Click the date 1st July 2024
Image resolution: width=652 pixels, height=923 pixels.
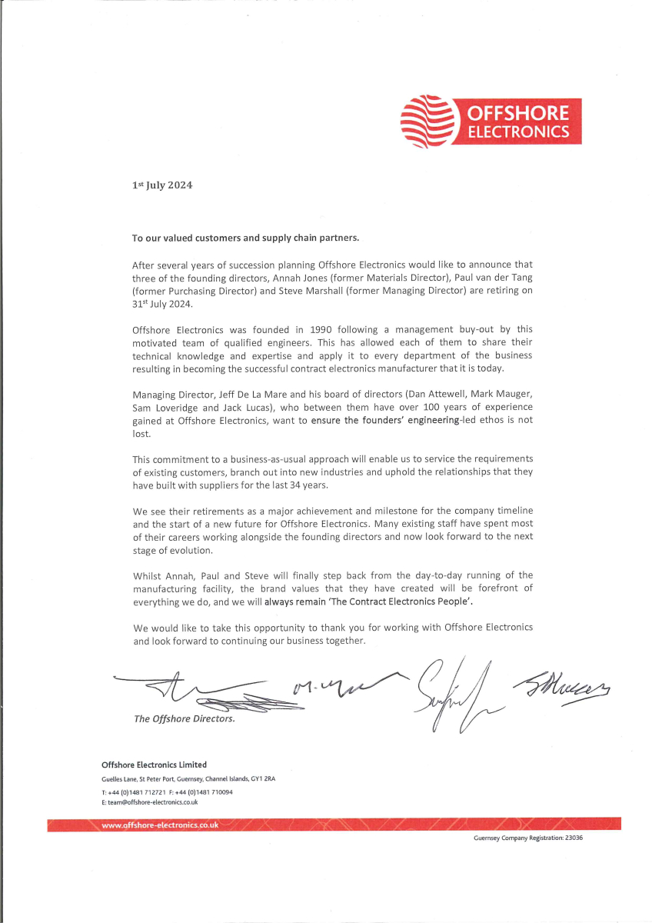point(162,185)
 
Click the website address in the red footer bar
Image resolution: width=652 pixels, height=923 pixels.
point(160,825)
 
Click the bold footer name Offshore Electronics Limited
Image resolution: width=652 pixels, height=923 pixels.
point(154,765)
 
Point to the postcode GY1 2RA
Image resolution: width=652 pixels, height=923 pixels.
point(263,778)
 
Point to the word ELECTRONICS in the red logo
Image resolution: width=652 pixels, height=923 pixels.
point(519,132)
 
